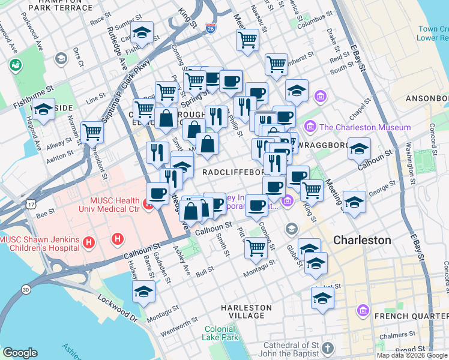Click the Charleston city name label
pos(362,240)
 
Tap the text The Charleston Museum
pos(365,127)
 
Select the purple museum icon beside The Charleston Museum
pos(310,127)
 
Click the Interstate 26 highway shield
pos(210,28)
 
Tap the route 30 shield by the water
pos(26,289)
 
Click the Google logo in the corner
pos(20,353)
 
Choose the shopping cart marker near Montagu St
pos(256,247)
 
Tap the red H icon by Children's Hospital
pos(89,243)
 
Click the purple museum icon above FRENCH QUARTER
pos(363,311)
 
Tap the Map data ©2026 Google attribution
pos(412,355)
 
